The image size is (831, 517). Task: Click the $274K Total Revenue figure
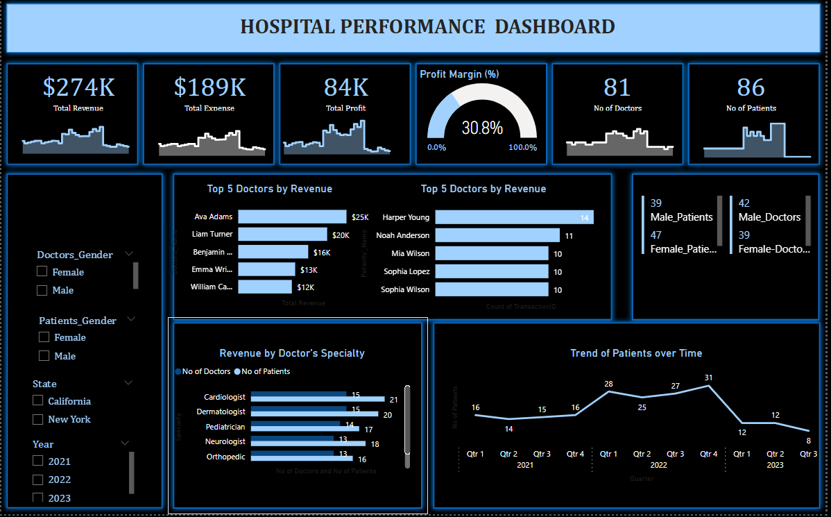[x=78, y=87]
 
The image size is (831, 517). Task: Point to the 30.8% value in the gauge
[x=481, y=128]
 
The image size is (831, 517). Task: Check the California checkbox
[x=38, y=400]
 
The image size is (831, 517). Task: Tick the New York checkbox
[x=38, y=419]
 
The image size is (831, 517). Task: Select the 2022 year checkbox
[x=38, y=480]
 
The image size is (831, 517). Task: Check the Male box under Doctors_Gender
[x=42, y=290]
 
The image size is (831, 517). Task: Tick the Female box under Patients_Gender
[x=44, y=337]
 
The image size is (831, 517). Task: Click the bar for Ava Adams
[x=292, y=217]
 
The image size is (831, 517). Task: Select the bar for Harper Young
[x=514, y=217]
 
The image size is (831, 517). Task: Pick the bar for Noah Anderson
[x=497, y=235]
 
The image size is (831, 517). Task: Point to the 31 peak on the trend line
[x=708, y=385]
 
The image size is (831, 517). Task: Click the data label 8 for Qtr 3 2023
[x=809, y=440]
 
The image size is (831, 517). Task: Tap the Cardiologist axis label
[x=225, y=397]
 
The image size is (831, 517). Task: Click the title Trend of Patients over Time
[x=635, y=353]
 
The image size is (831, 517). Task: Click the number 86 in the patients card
[x=751, y=87]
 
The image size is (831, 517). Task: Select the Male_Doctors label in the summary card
[x=769, y=217]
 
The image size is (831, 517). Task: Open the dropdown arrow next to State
[x=128, y=382]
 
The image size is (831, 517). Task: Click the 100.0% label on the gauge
[x=522, y=147]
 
